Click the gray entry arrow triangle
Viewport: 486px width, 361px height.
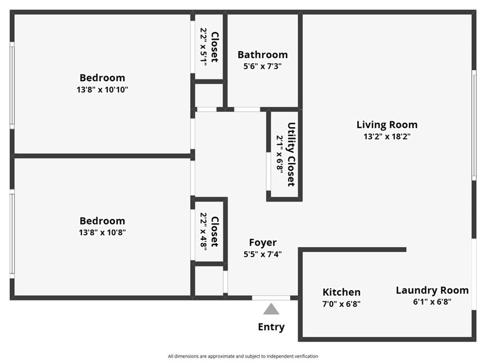pyautogui.click(x=271, y=309)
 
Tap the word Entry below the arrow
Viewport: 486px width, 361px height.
pyautogui.click(x=271, y=327)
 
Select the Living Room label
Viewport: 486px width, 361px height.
pyautogui.click(x=387, y=125)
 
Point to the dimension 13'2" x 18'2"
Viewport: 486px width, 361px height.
pyautogui.click(x=387, y=136)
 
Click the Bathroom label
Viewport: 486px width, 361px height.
pyautogui.click(x=262, y=55)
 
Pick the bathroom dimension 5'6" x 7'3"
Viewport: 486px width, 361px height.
pyautogui.click(x=262, y=66)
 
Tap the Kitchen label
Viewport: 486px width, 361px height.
pyautogui.click(x=341, y=292)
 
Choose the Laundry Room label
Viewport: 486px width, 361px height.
pyautogui.click(x=432, y=290)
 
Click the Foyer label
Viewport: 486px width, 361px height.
pyautogui.click(x=263, y=242)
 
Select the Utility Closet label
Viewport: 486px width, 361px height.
pyautogui.click(x=291, y=154)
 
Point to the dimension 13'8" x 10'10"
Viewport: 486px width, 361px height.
pyautogui.click(x=103, y=90)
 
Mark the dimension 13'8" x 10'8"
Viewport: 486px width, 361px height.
pyautogui.click(x=103, y=232)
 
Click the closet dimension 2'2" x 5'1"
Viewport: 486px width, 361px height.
pyautogui.click(x=203, y=46)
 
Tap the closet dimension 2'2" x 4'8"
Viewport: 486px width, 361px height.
pyautogui.click(x=203, y=231)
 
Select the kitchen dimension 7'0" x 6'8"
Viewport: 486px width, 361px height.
pyautogui.click(x=341, y=304)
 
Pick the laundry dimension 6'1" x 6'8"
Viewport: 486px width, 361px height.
pyautogui.click(x=432, y=302)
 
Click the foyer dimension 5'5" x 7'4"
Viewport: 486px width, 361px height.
pyautogui.click(x=263, y=254)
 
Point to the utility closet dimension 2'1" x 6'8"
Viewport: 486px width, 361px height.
pyautogui.click(x=280, y=154)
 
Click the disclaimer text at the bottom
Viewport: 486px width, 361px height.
pyautogui.click(x=243, y=356)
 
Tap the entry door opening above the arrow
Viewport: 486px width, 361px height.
pyautogui.click(x=271, y=298)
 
